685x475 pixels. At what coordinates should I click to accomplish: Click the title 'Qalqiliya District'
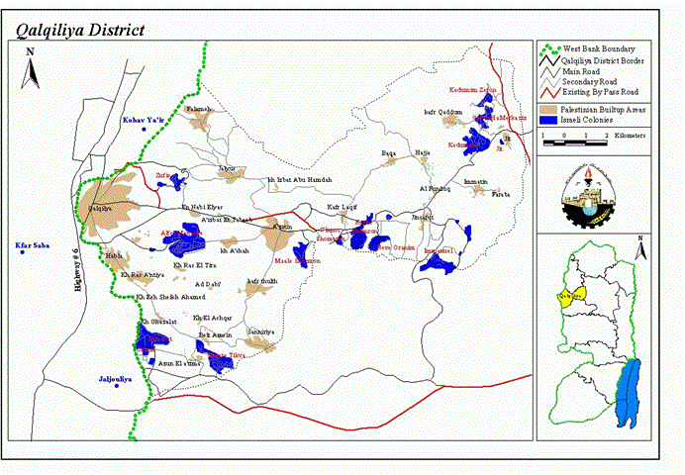79,30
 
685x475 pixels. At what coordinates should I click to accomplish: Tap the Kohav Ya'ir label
141,120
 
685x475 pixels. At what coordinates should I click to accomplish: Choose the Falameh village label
199,108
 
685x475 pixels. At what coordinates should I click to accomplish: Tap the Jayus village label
229,168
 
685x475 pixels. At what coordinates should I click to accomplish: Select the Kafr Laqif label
342,206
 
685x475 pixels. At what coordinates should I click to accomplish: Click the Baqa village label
389,153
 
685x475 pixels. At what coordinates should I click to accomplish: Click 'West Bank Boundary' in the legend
599,48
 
